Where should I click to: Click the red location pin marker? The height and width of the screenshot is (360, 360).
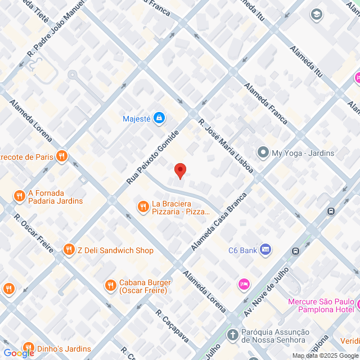(x=180, y=170)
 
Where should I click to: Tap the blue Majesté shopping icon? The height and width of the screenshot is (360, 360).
(x=160, y=118)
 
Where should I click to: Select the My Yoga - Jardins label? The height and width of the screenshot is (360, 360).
(x=303, y=153)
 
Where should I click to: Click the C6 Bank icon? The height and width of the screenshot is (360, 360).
(x=265, y=250)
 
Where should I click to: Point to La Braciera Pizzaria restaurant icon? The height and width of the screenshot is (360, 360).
(x=143, y=207)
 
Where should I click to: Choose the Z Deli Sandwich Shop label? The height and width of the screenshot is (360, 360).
(x=115, y=250)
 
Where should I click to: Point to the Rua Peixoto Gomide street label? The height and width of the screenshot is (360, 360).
(x=152, y=157)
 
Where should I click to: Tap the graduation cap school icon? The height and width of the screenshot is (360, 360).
(x=317, y=13)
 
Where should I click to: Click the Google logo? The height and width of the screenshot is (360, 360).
(x=18, y=353)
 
